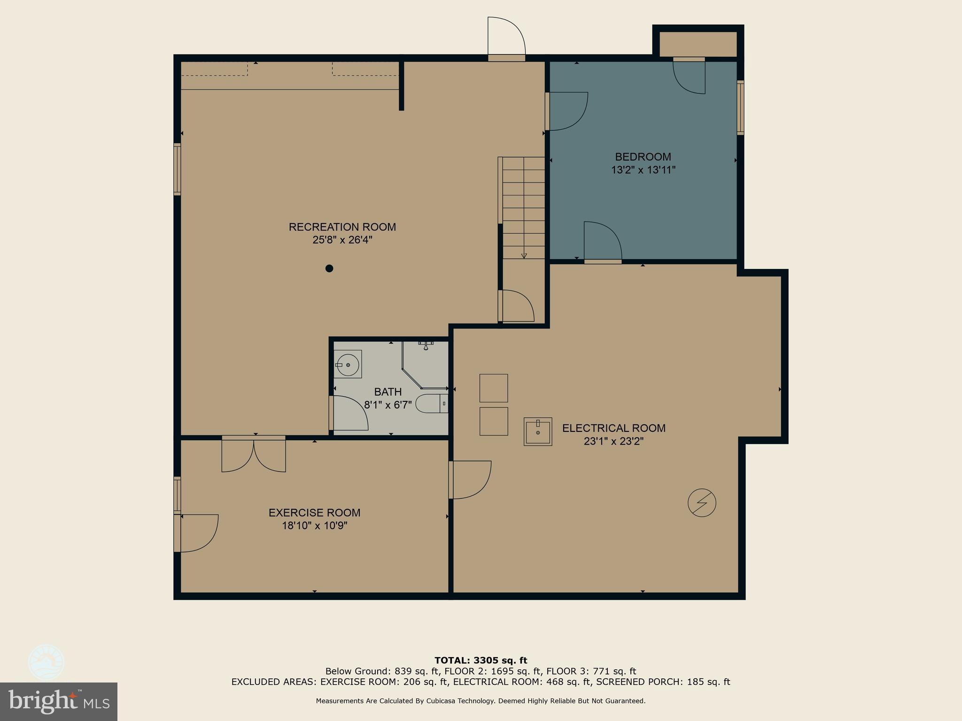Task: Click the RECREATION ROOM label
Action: pos(342,227)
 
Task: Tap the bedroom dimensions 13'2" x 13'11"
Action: pos(643,170)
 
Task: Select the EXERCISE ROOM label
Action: pos(314,513)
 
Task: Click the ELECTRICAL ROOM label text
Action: pos(613,428)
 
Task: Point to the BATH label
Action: pos(388,392)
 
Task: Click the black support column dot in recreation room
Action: pos(329,268)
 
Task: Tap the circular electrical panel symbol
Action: pos(702,503)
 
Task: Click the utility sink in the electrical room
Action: pos(538,431)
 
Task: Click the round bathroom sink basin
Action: pos(348,364)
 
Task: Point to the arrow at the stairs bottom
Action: pos(524,256)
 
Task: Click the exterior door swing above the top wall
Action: pos(506,37)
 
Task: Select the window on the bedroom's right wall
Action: pos(740,107)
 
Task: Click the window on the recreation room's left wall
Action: pos(177,169)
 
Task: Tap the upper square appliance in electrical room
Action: pos(493,388)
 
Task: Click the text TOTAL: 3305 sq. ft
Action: pos(481,660)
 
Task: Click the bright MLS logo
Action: pos(59,701)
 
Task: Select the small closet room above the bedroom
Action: pos(698,44)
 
